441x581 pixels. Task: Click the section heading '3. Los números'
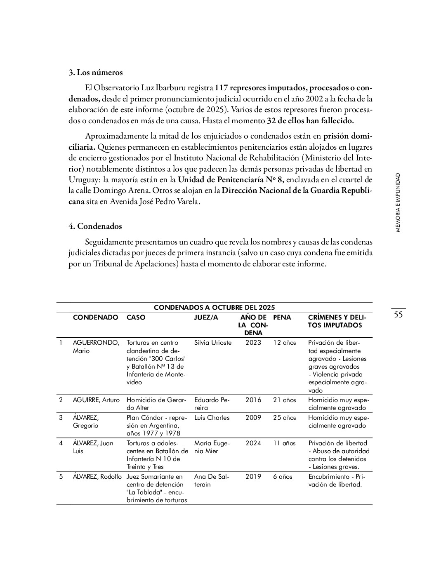tap(95, 73)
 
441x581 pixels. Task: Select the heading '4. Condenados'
tap(95, 226)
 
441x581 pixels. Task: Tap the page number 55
tap(398, 315)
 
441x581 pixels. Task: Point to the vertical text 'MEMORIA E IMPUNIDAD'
tap(398, 202)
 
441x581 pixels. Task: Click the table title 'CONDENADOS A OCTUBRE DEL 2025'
tap(214, 308)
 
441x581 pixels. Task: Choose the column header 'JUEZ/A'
tap(206, 318)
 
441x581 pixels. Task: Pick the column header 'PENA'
tap(282, 318)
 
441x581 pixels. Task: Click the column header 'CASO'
tap(136, 318)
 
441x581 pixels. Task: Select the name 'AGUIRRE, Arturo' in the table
tap(96, 400)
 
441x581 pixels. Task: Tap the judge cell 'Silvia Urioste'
tap(213, 343)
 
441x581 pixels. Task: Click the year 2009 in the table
tap(253, 418)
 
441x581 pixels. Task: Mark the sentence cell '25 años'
tap(284, 418)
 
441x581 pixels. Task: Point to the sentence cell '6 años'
tap(282, 477)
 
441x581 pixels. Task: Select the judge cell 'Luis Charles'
tap(212, 418)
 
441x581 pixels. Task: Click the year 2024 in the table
tap(253, 443)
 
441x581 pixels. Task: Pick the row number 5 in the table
tap(61, 477)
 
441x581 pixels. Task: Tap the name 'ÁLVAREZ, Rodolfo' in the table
tap(97, 477)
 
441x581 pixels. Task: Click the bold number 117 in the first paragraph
tap(222, 88)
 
